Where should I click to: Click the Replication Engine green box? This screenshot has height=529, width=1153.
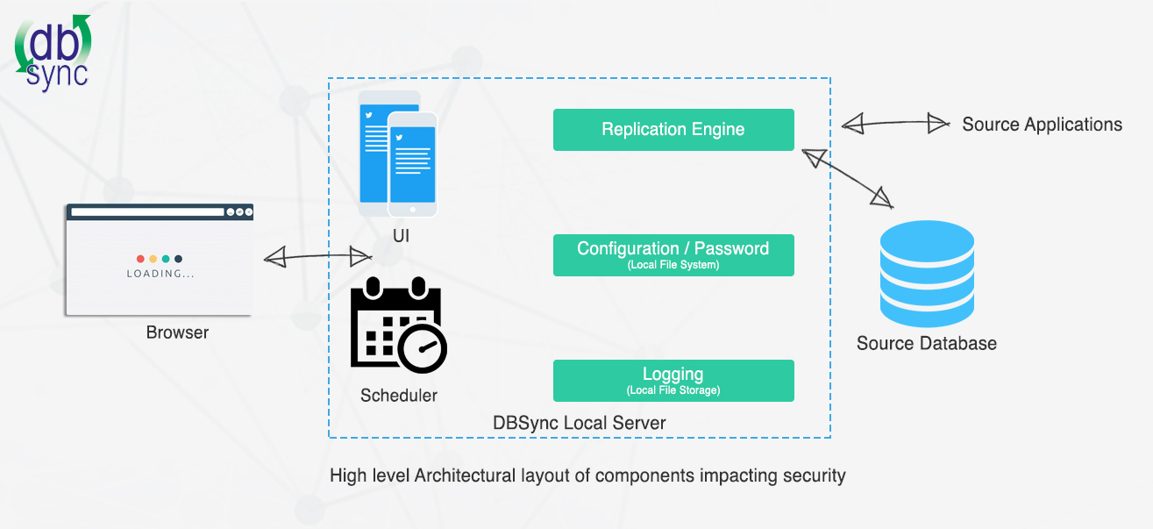point(673,130)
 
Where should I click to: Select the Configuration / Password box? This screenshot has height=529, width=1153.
point(673,255)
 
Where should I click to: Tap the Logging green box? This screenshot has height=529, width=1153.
point(673,381)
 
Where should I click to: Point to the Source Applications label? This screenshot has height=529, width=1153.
point(1042,125)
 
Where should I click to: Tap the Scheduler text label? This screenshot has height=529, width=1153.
point(399,396)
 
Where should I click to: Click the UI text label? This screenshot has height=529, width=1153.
point(401,236)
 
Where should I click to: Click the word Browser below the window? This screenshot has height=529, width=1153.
point(177,332)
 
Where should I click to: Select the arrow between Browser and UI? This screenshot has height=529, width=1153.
point(318,257)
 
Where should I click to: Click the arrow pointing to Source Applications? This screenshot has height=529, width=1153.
point(895,125)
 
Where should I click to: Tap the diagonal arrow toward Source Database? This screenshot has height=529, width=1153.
point(848,179)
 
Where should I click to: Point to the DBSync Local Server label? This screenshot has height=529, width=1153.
point(579,423)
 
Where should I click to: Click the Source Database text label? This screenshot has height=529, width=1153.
point(927,343)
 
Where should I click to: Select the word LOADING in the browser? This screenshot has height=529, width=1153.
point(160,274)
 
